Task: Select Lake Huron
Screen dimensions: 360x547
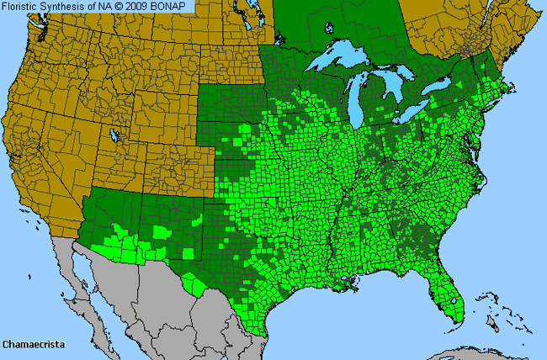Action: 401,88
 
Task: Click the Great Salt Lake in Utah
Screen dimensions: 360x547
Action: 112,134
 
